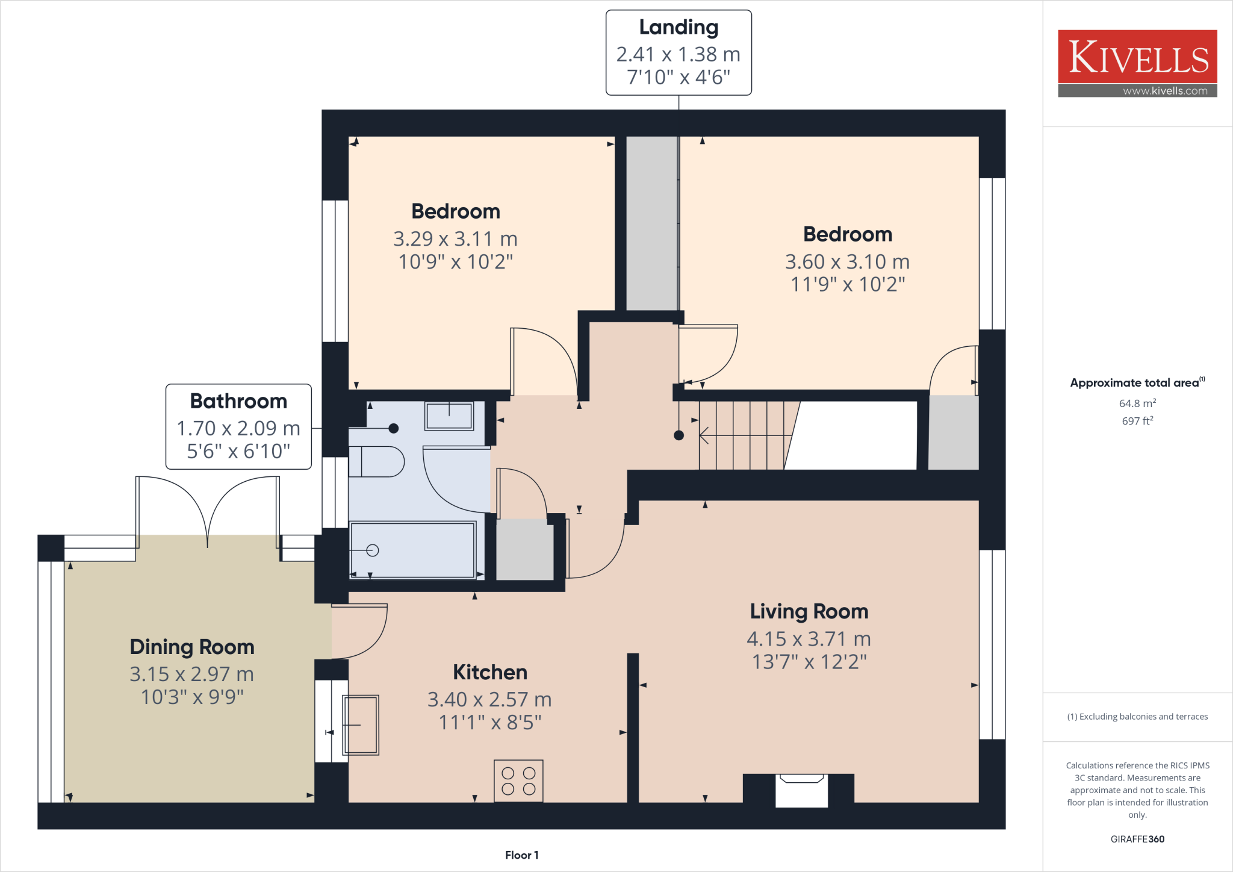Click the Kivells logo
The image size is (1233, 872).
pyautogui.click(x=1137, y=63)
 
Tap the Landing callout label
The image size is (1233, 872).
pyautogui.click(x=679, y=52)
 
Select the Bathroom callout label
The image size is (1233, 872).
pyautogui.click(x=238, y=426)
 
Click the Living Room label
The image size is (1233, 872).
pyautogui.click(x=809, y=611)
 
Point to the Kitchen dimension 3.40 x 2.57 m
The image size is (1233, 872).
pyautogui.click(x=489, y=699)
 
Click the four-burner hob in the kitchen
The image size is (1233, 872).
pyautogui.click(x=518, y=781)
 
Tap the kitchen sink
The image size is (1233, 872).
pyautogui.click(x=361, y=725)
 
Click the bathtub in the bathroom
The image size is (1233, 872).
pyautogui.click(x=413, y=550)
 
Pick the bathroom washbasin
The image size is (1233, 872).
pyautogui.click(x=449, y=416)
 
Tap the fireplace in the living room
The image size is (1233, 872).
pyautogui.click(x=801, y=790)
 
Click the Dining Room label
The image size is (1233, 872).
pyautogui.click(x=192, y=647)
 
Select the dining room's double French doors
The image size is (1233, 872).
pyautogui.click(x=208, y=512)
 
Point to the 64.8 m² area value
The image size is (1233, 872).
pyautogui.click(x=1137, y=403)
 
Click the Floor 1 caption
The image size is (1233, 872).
pyautogui.click(x=521, y=855)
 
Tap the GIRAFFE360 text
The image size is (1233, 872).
pyautogui.click(x=1137, y=839)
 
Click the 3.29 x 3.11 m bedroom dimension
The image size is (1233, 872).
pyautogui.click(x=455, y=239)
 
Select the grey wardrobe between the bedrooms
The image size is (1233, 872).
pyautogui.click(x=652, y=223)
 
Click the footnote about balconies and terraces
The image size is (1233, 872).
pyautogui.click(x=1137, y=717)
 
